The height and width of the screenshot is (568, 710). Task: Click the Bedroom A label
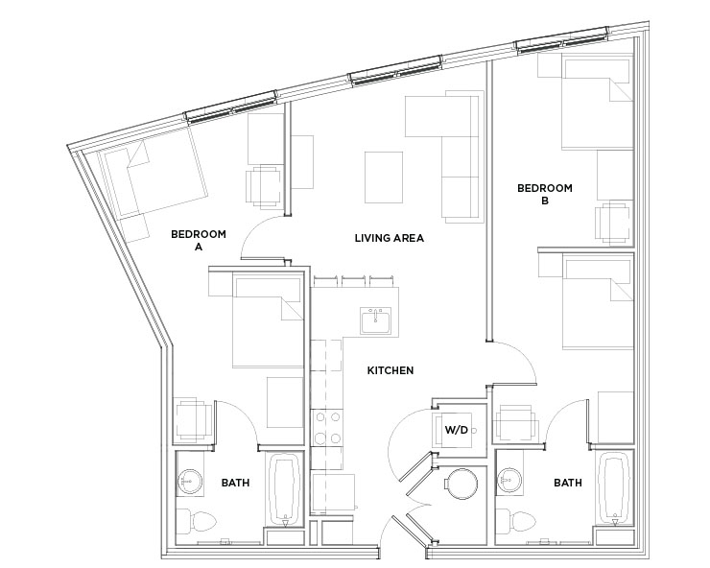(199, 241)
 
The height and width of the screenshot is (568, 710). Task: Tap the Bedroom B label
(545, 194)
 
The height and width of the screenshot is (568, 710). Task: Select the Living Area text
(390, 238)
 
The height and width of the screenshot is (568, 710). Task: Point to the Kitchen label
(390, 370)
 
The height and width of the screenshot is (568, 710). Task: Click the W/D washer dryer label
(456, 430)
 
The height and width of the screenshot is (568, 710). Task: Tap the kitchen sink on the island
(375, 320)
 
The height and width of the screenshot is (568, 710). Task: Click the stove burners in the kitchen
(327, 428)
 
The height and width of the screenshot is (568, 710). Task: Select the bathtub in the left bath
(285, 490)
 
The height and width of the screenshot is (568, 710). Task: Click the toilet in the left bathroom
(197, 521)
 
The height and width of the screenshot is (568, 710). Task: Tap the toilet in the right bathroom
(516, 521)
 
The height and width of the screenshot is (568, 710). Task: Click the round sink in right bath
(510, 481)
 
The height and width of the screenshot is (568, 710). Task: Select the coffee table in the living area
(384, 177)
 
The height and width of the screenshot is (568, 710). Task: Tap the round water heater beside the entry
(461, 484)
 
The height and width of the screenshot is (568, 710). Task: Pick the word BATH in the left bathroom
(235, 483)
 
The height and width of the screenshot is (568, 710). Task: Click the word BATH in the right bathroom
(568, 483)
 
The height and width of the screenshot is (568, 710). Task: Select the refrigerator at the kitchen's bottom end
(333, 494)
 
